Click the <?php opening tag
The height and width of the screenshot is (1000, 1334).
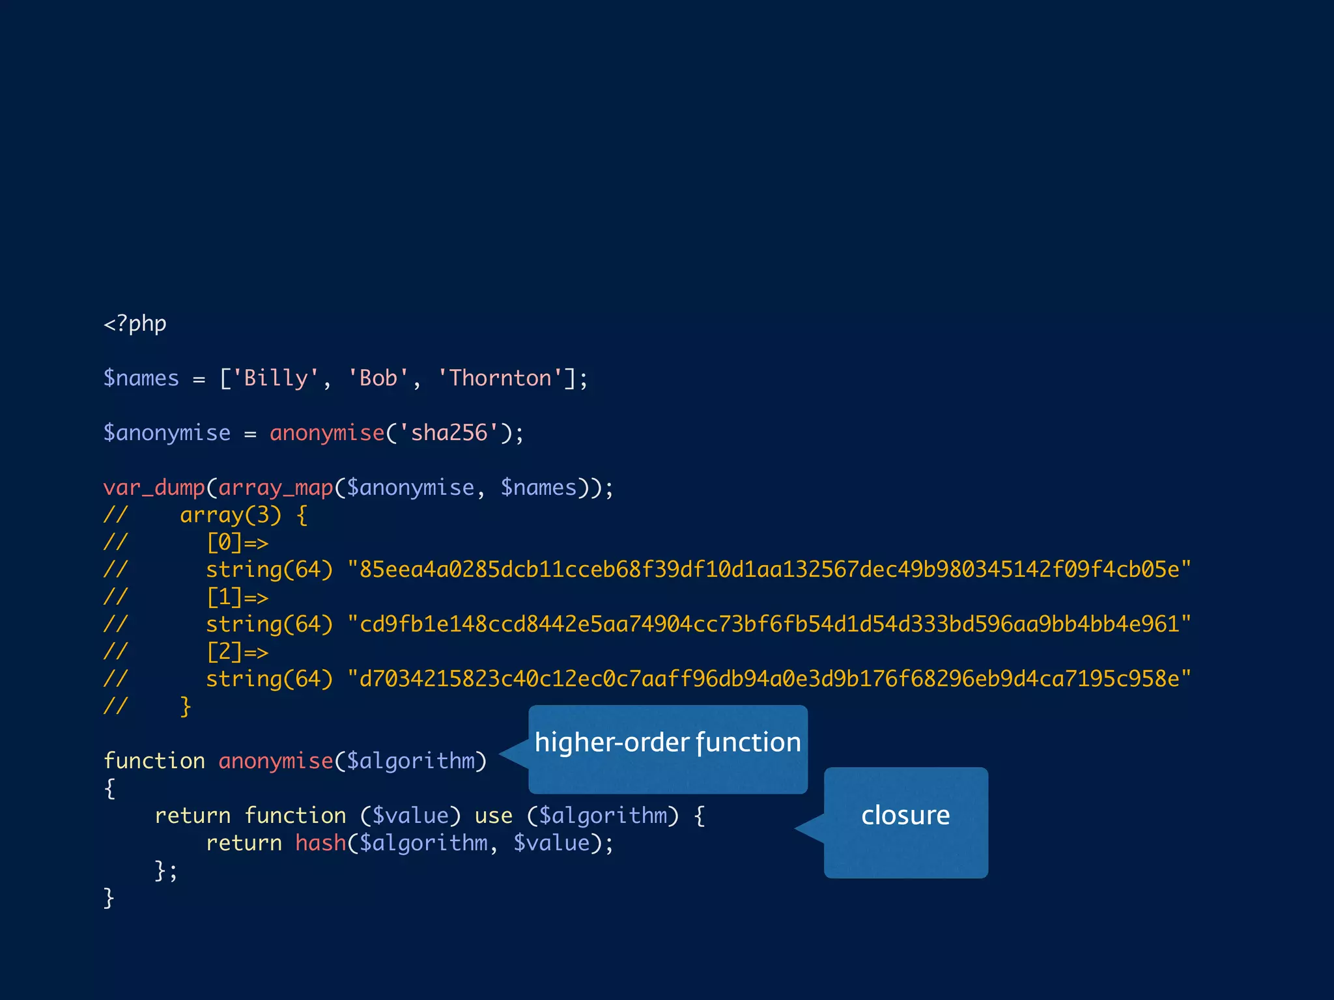[x=135, y=324]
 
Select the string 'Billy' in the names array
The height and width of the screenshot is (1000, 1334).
[x=276, y=378]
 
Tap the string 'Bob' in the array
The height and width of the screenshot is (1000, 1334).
[x=378, y=378]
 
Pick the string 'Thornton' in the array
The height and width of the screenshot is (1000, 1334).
[x=500, y=378]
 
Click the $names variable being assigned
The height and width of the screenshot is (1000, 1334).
[x=141, y=378]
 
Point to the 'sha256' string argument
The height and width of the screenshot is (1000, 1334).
[x=449, y=433]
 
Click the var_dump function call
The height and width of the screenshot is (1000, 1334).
[x=154, y=488]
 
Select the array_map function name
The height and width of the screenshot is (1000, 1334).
[x=276, y=488]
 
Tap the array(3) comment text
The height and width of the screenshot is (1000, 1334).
[x=231, y=515]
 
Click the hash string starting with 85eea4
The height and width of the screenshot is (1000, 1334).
[x=769, y=570]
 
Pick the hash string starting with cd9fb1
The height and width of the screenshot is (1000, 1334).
[x=769, y=624]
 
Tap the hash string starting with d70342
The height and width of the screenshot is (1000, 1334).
[x=769, y=679]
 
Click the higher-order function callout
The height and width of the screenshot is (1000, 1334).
[x=668, y=749]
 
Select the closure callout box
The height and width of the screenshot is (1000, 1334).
[x=905, y=822]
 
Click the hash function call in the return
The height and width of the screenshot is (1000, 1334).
[x=320, y=843]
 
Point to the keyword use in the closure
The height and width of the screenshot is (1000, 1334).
[x=493, y=816]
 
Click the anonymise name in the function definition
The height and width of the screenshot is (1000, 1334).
[x=276, y=761]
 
